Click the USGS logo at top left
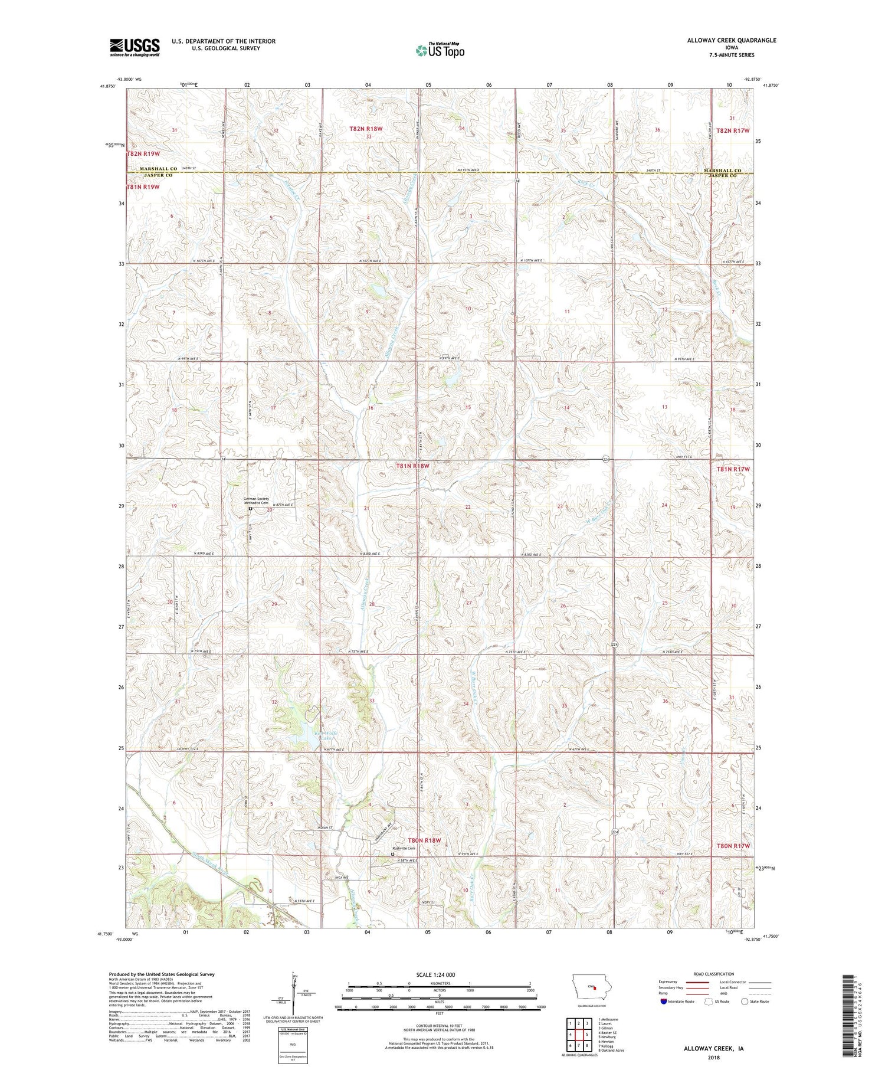tap(135, 47)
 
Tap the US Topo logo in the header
tap(440, 51)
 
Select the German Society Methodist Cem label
tap(257, 501)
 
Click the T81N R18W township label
tap(412, 466)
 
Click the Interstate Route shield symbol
tap(664, 1002)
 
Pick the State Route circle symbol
tap(745, 1002)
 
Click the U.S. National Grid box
tap(293, 1045)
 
